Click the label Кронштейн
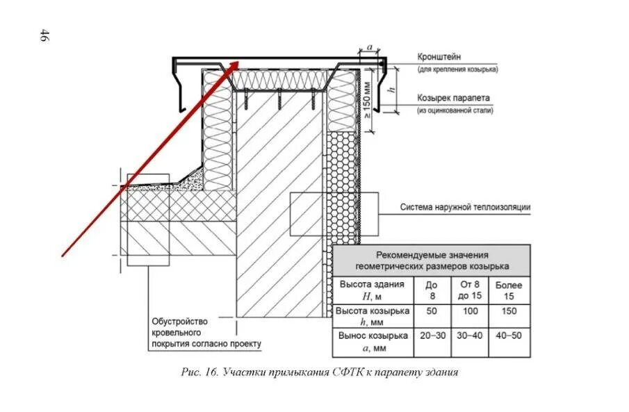tap(439, 57)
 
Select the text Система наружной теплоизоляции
tap(466, 207)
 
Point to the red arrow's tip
tap(238, 60)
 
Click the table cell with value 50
tap(432, 311)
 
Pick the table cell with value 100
tap(470, 311)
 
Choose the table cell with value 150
tap(509, 311)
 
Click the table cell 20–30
tap(432, 335)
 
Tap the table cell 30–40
tap(470, 335)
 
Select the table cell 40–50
tap(509, 335)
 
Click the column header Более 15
tap(509, 290)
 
